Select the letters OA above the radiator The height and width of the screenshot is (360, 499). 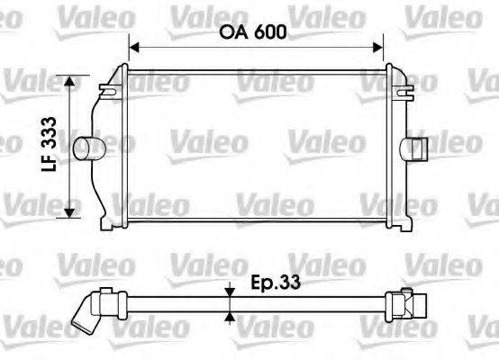click(232, 32)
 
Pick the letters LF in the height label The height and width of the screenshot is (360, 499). click(53, 162)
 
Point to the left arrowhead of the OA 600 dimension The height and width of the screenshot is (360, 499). click(136, 46)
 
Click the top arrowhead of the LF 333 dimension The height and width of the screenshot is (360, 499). click(69, 81)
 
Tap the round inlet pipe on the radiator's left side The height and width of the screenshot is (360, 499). click(87, 147)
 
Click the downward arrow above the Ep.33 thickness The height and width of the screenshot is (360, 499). click(231, 287)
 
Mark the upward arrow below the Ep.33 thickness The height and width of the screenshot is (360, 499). click(231, 316)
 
